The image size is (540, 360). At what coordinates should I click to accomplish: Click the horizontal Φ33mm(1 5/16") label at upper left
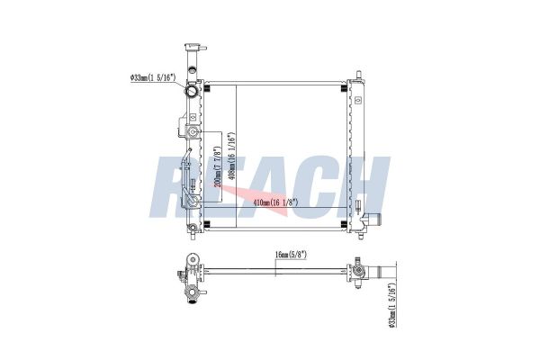coord(153,77)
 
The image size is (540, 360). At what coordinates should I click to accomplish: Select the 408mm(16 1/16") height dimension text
coord(232,156)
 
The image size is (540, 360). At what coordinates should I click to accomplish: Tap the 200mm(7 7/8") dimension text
coord(217,167)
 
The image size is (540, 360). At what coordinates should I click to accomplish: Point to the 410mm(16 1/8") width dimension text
coord(275,202)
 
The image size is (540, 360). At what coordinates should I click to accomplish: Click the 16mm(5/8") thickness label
coord(291,255)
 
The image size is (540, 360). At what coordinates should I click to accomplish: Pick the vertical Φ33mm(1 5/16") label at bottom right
coord(391,305)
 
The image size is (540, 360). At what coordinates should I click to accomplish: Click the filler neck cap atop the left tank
coord(195,47)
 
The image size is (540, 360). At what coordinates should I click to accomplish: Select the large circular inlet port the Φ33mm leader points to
coord(191,91)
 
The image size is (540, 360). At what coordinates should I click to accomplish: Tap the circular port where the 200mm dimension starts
coord(193,131)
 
